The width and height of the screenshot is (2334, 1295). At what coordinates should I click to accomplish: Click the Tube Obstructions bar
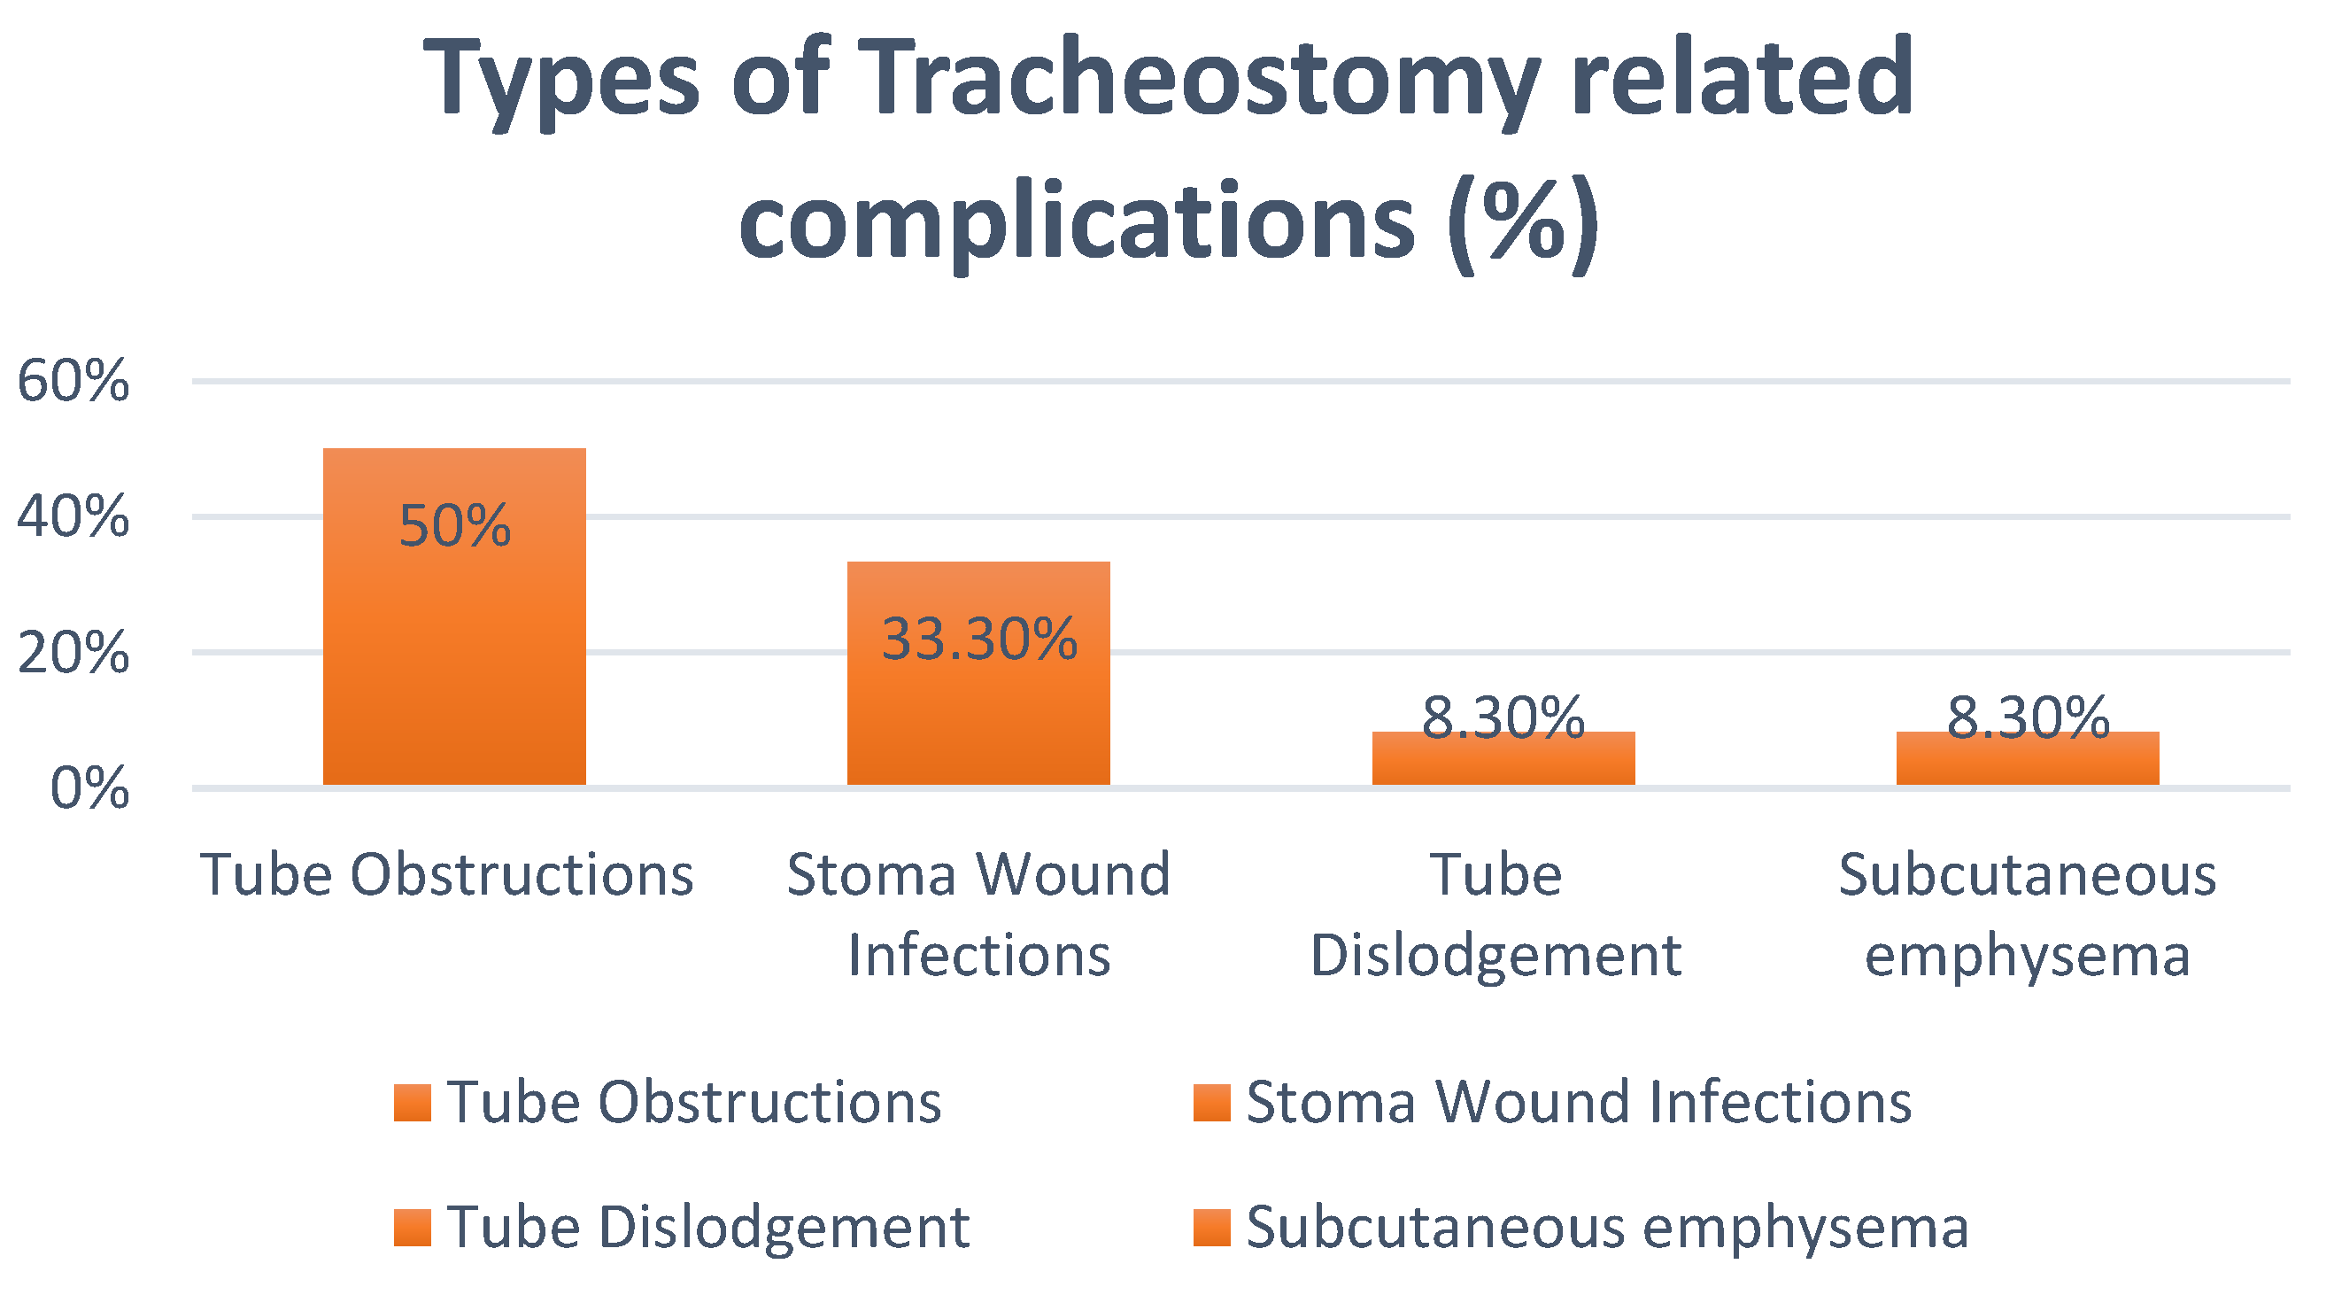click(454, 616)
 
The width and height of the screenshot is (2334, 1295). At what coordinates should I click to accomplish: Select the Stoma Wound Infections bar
click(978, 673)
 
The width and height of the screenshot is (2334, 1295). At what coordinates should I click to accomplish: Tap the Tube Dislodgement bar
click(1503, 757)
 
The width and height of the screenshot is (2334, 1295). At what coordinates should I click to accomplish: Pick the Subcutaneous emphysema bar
click(2028, 757)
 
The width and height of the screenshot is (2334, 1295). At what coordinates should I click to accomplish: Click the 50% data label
click(455, 525)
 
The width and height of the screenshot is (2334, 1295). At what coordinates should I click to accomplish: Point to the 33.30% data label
click(979, 639)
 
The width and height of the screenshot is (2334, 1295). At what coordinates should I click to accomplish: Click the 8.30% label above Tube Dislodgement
click(1503, 717)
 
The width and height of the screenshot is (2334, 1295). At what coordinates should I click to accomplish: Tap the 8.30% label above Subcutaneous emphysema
click(2028, 717)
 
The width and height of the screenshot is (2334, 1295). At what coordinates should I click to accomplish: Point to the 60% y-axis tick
click(73, 381)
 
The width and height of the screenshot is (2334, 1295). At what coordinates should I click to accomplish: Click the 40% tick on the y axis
click(73, 517)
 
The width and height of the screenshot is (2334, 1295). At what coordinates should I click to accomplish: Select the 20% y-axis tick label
click(73, 653)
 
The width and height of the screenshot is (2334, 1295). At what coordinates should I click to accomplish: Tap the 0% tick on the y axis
click(89, 788)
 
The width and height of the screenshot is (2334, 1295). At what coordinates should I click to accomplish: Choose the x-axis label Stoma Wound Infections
click(978, 914)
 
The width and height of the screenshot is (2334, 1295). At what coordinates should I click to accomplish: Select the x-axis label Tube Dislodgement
click(1495, 914)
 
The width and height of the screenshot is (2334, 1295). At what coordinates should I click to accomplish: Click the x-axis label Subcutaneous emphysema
click(2028, 914)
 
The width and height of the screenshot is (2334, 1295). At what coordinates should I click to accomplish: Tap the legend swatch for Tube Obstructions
click(413, 1103)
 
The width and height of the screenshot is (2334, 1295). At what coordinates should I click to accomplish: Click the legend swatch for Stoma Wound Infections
click(1211, 1103)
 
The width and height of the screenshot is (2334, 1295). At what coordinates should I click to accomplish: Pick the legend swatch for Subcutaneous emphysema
click(1211, 1228)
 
